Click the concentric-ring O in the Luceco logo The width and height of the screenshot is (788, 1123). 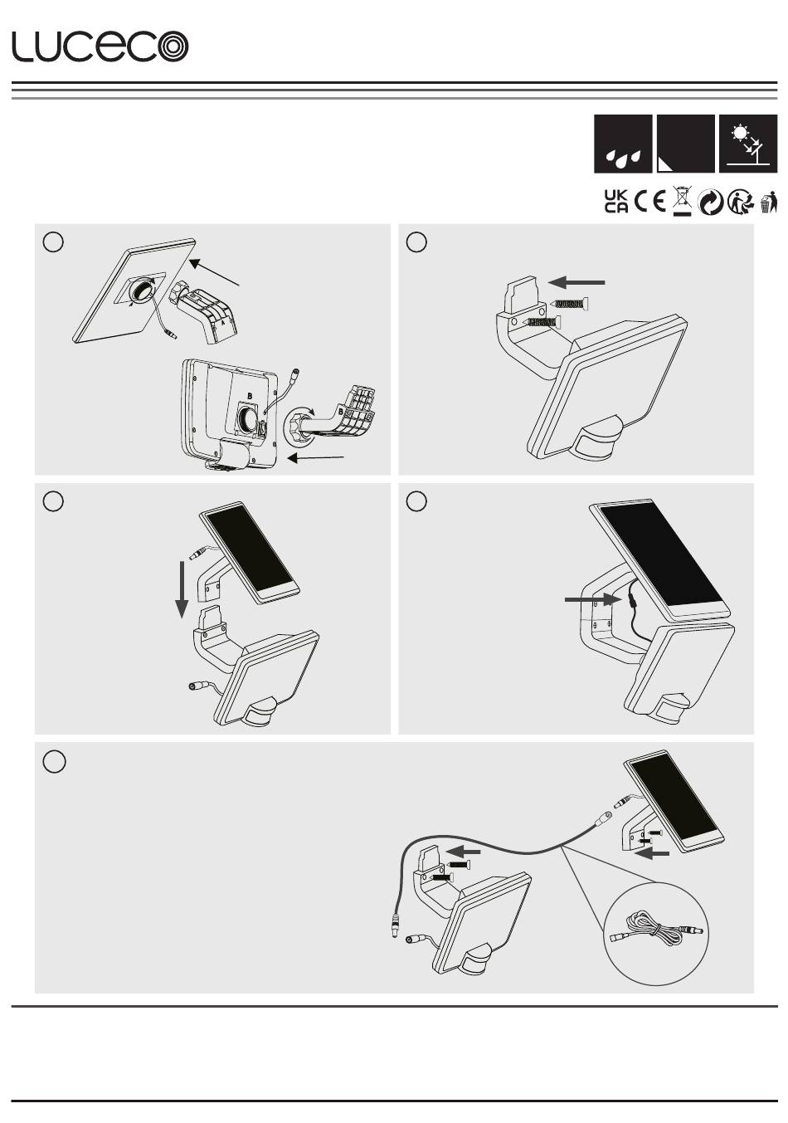coord(172,46)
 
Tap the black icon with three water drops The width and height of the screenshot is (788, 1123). coord(623,144)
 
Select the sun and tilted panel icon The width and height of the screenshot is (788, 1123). coord(748,144)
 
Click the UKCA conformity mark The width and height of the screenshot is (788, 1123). coord(616,202)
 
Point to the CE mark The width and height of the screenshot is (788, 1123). coord(649,202)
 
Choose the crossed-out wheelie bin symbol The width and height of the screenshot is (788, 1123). coord(681,201)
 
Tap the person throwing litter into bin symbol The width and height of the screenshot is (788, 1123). coord(769,202)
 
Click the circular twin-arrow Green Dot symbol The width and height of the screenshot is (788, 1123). coord(710,203)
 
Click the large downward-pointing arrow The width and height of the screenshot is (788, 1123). coord(182,589)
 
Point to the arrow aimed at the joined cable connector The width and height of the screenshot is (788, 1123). coord(590,599)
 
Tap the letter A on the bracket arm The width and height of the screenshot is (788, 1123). coord(224,324)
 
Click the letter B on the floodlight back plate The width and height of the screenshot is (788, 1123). coord(250,397)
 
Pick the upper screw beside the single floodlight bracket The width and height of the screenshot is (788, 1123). coord(569,303)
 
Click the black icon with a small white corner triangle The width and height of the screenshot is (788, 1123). coord(685,144)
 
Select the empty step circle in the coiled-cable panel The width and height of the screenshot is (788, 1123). coord(54,762)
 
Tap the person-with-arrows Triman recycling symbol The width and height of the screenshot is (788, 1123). coord(741,203)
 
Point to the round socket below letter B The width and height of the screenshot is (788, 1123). coord(250,417)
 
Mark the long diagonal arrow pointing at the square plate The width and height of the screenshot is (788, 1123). coord(214,272)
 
